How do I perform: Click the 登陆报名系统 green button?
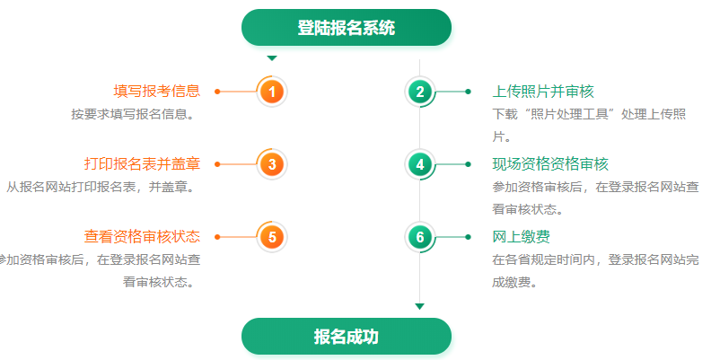click(x=346, y=28)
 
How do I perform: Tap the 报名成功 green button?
click(x=346, y=337)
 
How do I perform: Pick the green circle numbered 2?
click(x=419, y=92)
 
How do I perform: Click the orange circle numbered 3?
click(x=272, y=164)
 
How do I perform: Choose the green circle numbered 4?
click(x=419, y=164)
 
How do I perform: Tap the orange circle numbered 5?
click(x=272, y=237)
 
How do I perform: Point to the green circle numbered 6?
click(x=419, y=237)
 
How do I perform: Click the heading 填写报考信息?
click(x=156, y=92)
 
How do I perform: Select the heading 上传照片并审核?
click(x=543, y=92)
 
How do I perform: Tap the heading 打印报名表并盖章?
click(x=142, y=164)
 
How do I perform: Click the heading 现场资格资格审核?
click(x=550, y=164)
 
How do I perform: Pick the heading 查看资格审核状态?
click(x=142, y=237)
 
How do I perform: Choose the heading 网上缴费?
click(x=522, y=237)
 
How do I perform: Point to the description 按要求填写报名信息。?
click(x=135, y=115)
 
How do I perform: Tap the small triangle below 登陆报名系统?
click(x=272, y=58)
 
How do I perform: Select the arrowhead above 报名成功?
click(x=419, y=306)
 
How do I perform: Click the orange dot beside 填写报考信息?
click(x=218, y=92)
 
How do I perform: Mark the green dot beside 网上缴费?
click(x=469, y=237)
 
